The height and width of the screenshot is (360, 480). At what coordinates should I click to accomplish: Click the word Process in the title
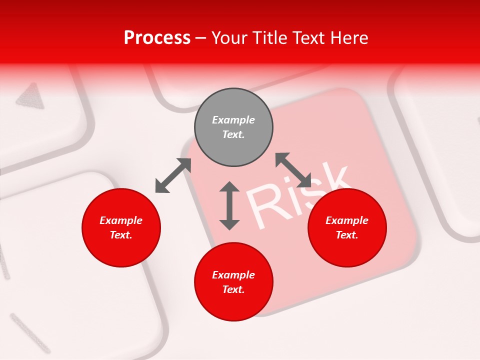[x=157, y=38]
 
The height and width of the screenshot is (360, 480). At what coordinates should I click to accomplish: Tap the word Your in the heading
[x=228, y=38]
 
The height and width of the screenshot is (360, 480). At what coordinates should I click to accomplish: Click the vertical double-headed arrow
[x=229, y=205]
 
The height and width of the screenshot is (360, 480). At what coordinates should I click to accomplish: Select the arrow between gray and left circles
[x=173, y=175]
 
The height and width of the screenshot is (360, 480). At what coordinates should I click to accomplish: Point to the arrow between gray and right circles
[x=293, y=170]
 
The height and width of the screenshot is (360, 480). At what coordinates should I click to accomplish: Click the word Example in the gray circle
[x=233, y=120]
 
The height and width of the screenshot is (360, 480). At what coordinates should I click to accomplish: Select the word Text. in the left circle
[x=121, y=235]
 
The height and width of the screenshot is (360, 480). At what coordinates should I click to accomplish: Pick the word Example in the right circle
[x=347, y=220]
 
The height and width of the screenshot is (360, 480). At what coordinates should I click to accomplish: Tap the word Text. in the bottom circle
[x=233, y=289]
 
